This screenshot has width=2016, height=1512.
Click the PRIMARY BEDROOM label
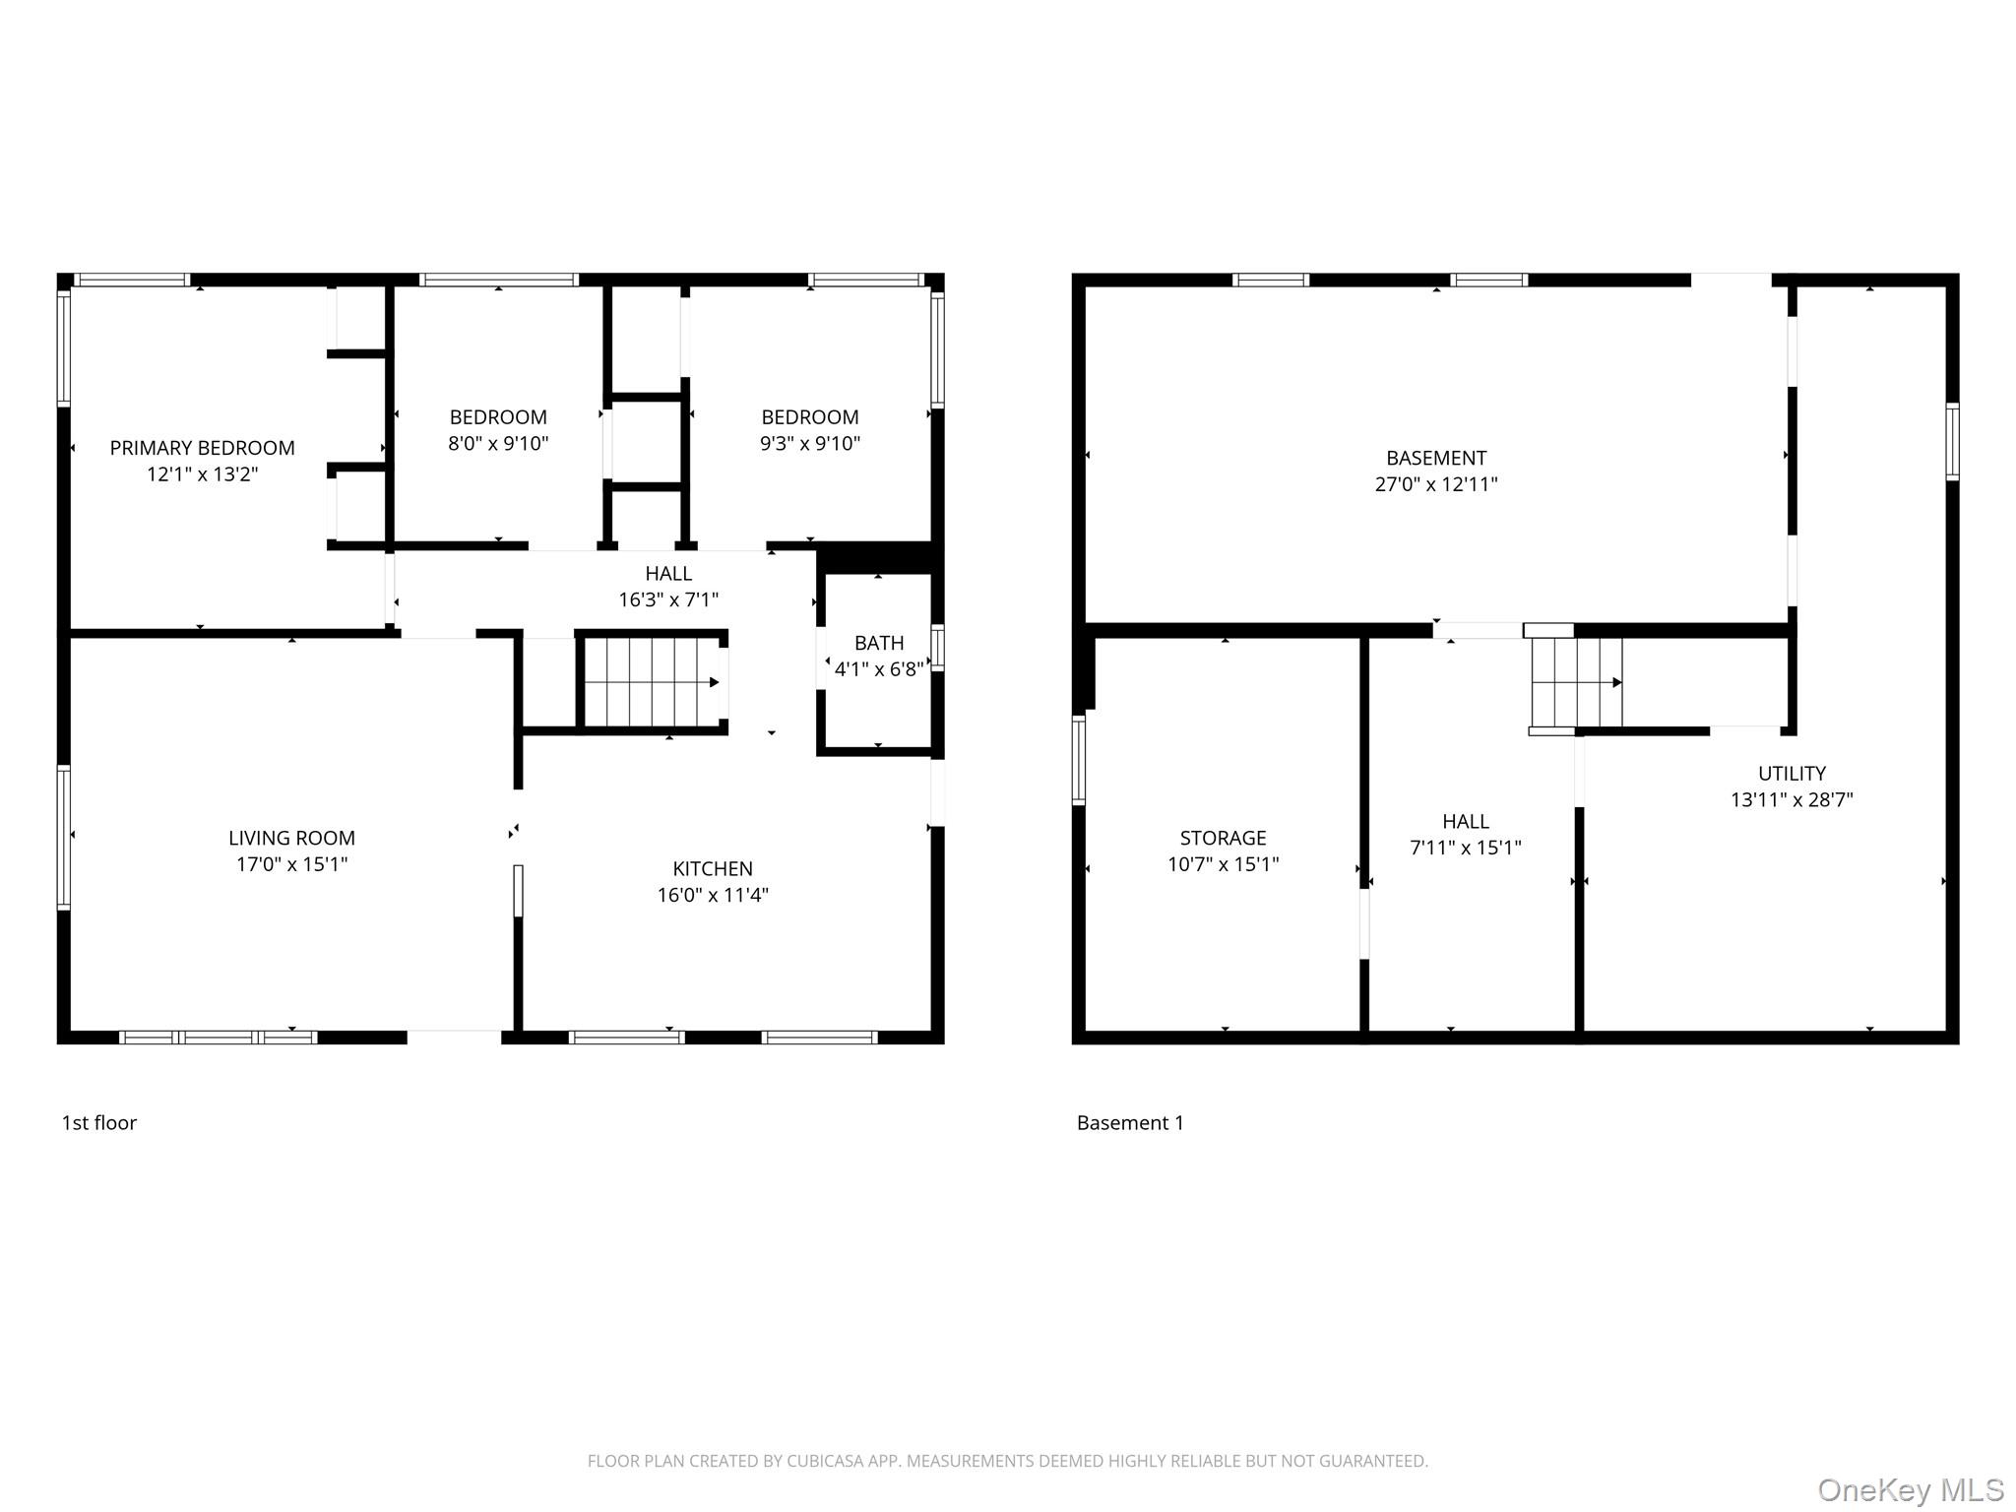[x=202, y=448]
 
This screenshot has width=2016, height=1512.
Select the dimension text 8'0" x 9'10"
[x=498, y=444]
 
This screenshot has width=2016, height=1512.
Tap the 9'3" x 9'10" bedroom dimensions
[x=809, y=444]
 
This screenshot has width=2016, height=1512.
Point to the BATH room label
[x=878, y=643]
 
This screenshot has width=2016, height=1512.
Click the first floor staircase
[x=651, y=681]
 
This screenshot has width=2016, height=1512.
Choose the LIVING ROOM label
[x=291, y=838]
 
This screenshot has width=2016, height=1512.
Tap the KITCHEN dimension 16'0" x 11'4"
[x=713, y=895]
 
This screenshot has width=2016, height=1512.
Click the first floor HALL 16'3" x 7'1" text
[x=668, y=598]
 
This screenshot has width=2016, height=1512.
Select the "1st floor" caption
[x=98, y=1123]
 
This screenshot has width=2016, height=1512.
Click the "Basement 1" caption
[x=1130, y=1123]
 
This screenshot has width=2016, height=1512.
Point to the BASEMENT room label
[x=1435, y=458]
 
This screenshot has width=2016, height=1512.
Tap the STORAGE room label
[x=1223, y=838]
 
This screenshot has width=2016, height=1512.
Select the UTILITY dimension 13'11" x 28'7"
[x=1792, y=799]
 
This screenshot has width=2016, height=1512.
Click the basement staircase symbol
[x=1576, y=682]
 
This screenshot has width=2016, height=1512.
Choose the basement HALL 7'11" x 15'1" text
[x=1465, y=848]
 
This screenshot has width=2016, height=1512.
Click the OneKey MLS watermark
[x=1910, y=1490]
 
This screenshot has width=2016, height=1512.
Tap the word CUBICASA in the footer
[x=824, y=1461]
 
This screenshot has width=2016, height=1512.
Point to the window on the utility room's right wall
[x=1952, y=441]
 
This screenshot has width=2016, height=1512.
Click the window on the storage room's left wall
[x=1079, y=760]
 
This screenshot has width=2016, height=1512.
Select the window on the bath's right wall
[x=937, y=648]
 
